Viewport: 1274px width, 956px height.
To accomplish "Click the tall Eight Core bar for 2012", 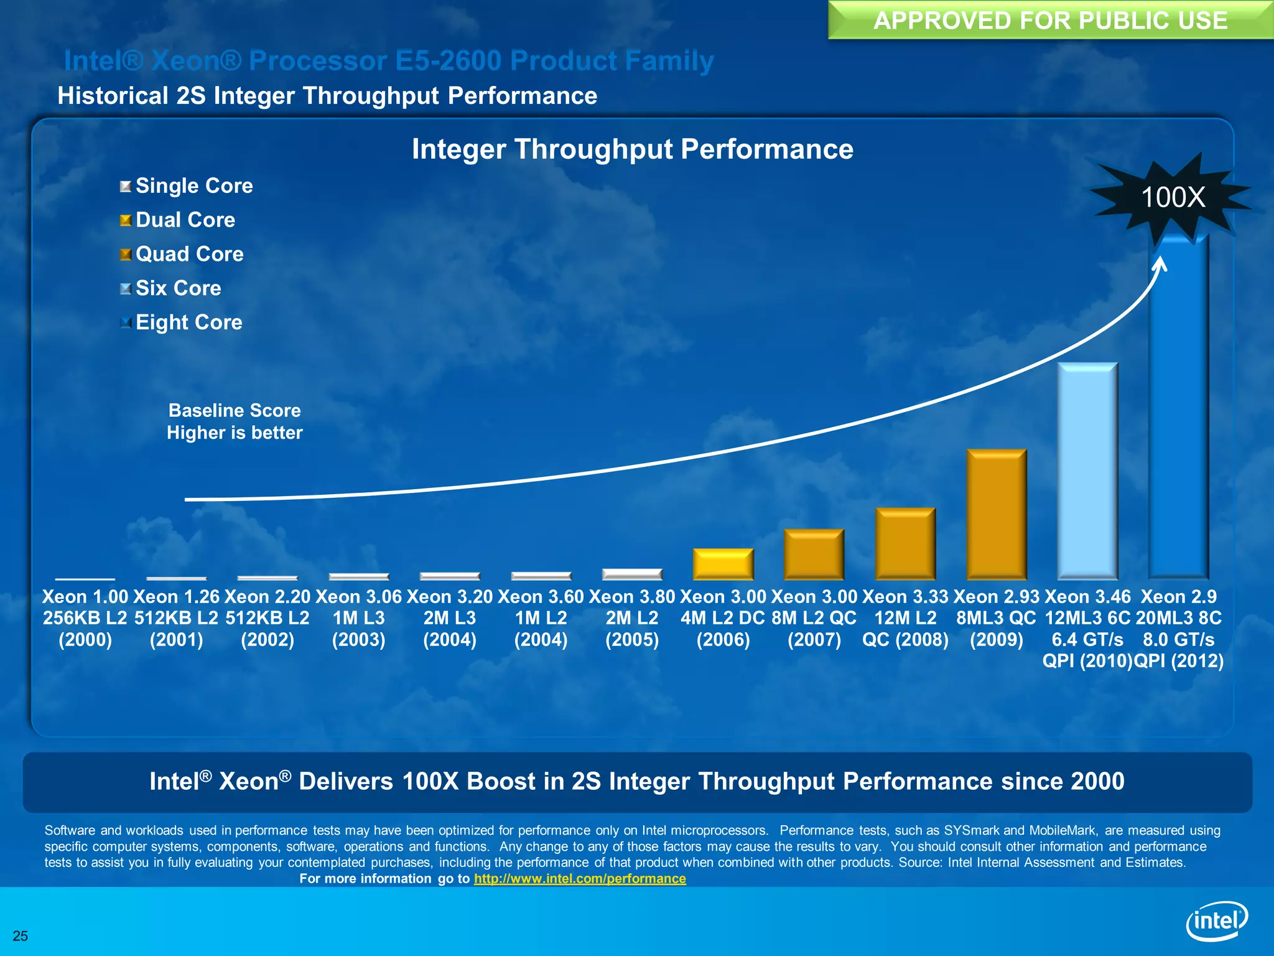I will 1178,411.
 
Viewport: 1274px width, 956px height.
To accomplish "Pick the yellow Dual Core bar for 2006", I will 723,565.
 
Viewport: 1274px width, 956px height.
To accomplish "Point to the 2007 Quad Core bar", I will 814,555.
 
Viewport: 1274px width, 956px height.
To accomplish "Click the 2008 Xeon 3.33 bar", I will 905,545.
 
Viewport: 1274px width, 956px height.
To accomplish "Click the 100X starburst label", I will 1173,198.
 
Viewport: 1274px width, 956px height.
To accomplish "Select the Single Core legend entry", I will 187,185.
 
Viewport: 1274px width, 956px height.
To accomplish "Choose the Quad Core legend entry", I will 182,254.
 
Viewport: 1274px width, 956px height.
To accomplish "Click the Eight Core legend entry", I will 182,322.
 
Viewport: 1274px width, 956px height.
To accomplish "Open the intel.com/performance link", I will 580,878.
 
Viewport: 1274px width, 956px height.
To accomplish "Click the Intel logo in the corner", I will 1216,921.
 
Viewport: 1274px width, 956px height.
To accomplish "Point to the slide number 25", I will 20,936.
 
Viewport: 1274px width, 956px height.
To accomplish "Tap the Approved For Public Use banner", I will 1050,21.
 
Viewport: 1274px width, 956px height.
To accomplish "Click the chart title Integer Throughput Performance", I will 632,149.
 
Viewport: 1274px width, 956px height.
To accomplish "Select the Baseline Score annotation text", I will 235,421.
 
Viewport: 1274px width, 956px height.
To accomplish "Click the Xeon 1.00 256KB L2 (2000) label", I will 85,618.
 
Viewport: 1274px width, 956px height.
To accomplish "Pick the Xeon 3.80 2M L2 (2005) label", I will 632,618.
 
